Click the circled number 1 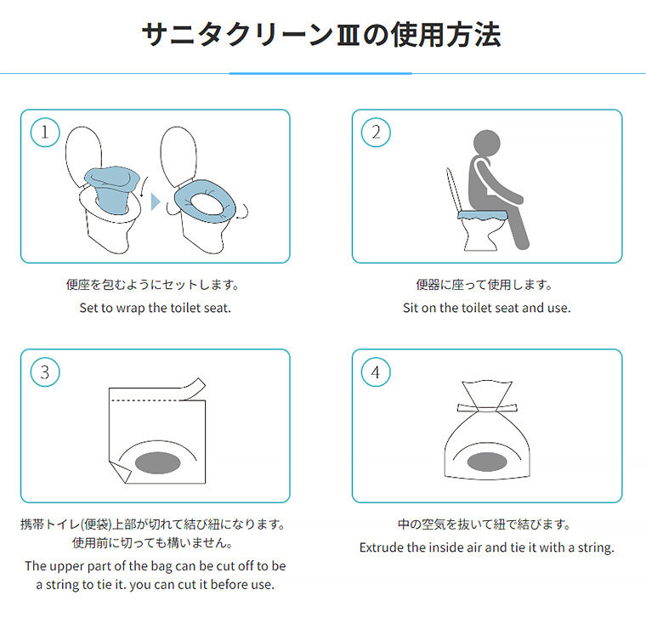click(x=45, y=133)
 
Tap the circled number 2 click(x=376, y=133)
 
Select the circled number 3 click(x=45, y=372)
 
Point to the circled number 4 click(x=376, y=372)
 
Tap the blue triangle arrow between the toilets click(x=156, y=201)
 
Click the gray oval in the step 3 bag click(x=158, y=462)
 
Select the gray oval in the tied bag click(x=487, y=462)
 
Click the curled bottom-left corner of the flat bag click(x=120, y=472)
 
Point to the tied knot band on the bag click(x=487, y=408)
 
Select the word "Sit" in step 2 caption click(x=410, y=308)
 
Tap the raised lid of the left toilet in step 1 click(x=83, y=156)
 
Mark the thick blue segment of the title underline click(x=320, y=73)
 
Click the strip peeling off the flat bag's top click(x=194, y=388)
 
